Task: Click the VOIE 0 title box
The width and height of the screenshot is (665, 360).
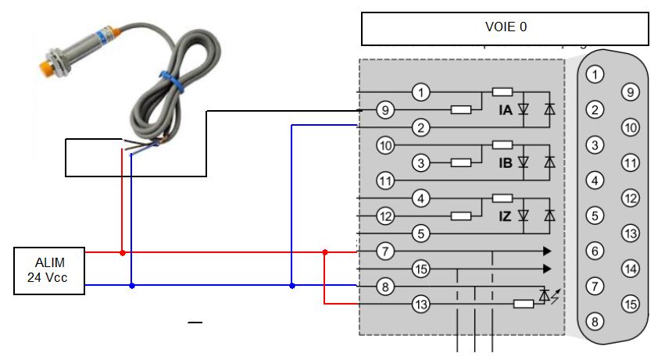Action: tap(505, 28)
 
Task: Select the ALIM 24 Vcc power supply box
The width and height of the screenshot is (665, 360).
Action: tap(48, 271)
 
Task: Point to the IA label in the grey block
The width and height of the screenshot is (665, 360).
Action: tap(505, 111)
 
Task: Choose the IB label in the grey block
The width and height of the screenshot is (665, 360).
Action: tap(505, 163)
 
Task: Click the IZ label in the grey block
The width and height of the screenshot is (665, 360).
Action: tap(505, 216)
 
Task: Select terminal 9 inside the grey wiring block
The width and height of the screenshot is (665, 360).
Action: tap(384, 110)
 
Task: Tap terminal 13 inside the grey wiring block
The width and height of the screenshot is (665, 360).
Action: tap(422, 305)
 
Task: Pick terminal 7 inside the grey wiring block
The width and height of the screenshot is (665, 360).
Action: tap(384, 252)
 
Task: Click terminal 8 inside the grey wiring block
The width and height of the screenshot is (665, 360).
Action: tap(384, 287)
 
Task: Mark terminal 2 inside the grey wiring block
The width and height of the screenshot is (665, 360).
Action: tap(421, 127)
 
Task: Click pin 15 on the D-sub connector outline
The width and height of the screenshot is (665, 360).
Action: tap(630, 304)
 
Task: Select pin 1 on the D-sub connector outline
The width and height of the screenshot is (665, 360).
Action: tap(595, 75)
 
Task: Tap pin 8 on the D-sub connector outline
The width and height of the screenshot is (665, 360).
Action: tap(595, 322)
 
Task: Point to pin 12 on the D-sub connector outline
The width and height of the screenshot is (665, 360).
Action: tap(630, 198)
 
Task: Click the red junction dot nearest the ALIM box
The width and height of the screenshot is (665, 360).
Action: tap(122, 253)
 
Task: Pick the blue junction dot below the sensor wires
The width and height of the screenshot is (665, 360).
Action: tap(131, 286)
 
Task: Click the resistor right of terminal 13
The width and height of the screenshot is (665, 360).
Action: tap(524, 305)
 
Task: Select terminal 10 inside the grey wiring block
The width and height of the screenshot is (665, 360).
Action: tap(384, 145)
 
